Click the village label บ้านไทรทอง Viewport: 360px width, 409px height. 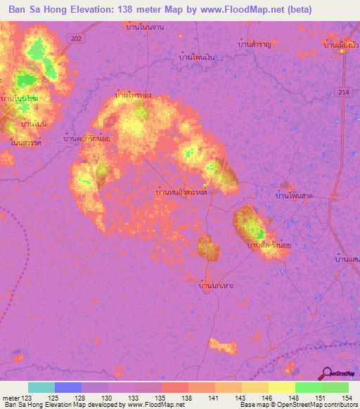coord(133,94)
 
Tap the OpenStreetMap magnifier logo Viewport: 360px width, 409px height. coord(327,373)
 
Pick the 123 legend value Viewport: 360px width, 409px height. coord(28,398)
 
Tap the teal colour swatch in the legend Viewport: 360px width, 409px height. coord(41,387)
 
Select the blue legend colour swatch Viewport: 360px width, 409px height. coord(68,387)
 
